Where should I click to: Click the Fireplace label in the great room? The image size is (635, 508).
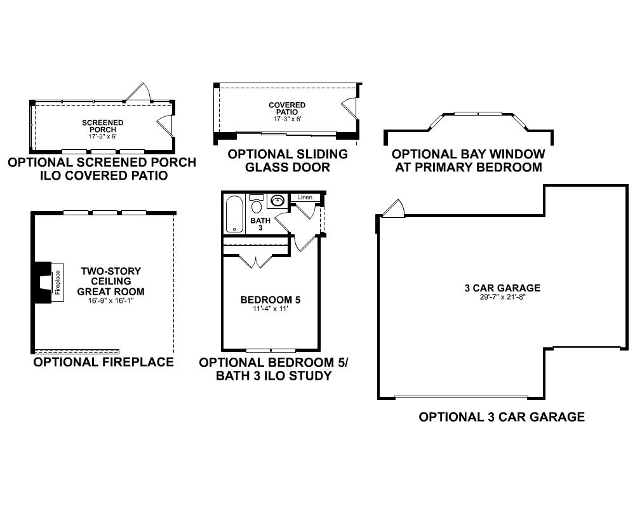[x=58, y=282]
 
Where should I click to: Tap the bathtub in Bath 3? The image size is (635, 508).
[x=234, y=214]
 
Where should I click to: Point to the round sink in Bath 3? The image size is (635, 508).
[x=277, y=201]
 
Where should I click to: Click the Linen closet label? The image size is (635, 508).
[x=305, y=197]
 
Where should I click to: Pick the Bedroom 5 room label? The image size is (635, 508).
[x=271, y=300]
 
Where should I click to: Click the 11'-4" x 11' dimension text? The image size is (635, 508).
[x=271, y=309]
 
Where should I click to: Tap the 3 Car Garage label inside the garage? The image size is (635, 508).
[x=502, y=288]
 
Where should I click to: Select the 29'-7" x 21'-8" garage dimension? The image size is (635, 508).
[x=502, y=297]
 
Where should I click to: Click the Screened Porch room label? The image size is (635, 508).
[x=102, y=126]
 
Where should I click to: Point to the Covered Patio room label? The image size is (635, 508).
[x=287, y=109]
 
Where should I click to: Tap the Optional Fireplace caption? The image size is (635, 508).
[x=104, y=362]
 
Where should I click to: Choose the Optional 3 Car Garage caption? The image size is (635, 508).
[x=502, y=417]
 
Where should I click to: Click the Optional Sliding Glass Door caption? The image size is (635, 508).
[x=288, y=161]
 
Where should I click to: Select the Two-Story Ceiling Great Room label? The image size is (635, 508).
[x=110, y=281]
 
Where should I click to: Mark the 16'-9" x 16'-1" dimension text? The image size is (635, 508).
[x=110, y=300]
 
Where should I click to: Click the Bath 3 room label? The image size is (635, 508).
[x=260, y=224]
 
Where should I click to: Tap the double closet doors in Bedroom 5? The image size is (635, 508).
[x=256, y=261]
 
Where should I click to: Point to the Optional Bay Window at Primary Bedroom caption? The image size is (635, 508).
[x=469, y=161]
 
